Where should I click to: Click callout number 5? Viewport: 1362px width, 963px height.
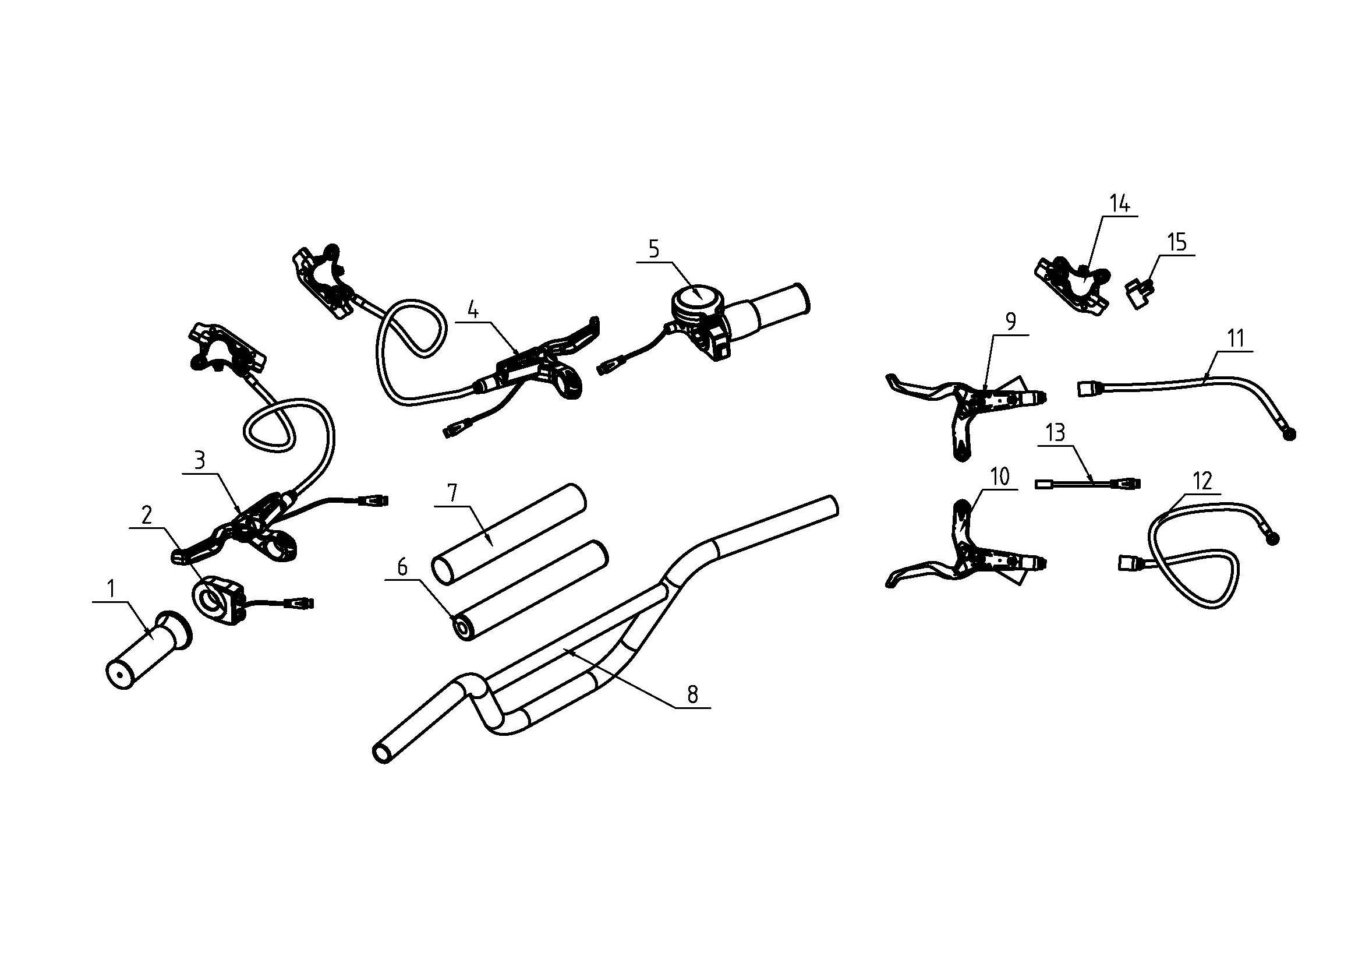pyautogui.click(x=653, y=249)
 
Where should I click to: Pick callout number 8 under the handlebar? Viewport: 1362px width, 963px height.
pyautogui.click(x=693, y=694)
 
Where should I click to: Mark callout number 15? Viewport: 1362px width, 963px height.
pyautogui.click(x=1176, y=243)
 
